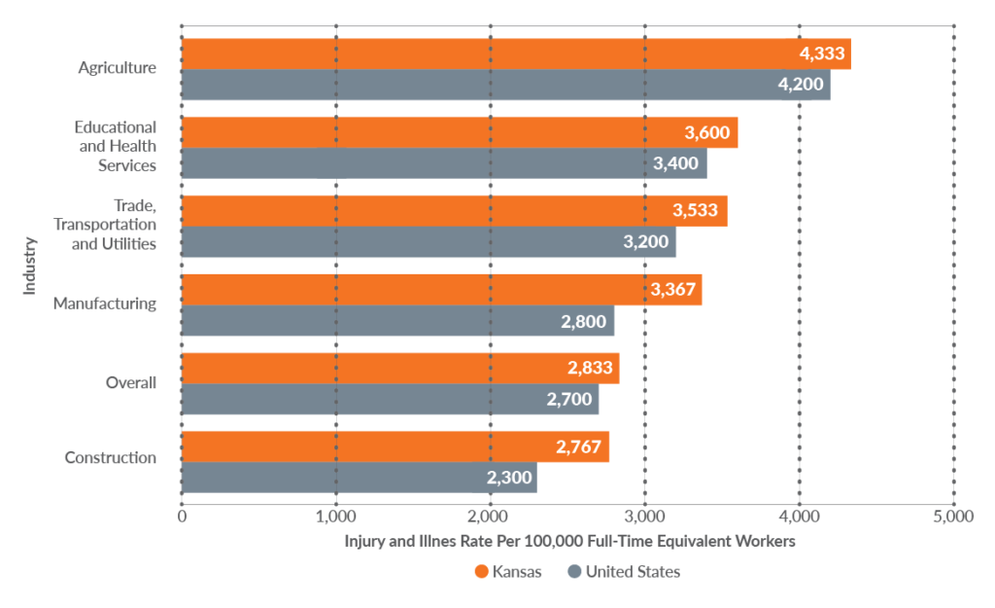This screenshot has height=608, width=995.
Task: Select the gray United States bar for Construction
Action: click(359, 478)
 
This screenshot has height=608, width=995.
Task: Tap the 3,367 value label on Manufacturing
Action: click(669, 290)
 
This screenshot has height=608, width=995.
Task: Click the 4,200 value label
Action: click(801, 85)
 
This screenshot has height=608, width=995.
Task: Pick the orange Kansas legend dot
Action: click(481, 572)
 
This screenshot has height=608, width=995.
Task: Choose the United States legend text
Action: click(633, 572)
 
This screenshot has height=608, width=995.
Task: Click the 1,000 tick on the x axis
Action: click(335, 517)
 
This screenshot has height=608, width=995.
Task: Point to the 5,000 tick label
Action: click(952, 517)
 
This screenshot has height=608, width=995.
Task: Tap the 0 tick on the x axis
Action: click(182, 517)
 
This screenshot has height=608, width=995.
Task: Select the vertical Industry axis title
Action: click(30, 265)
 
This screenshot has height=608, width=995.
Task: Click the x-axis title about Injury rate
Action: click(569, 542)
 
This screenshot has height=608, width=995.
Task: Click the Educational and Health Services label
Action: click(117, 146)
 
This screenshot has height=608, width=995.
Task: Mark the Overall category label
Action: click(130, 382)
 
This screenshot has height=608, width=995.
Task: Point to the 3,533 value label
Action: click(695, 211)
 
